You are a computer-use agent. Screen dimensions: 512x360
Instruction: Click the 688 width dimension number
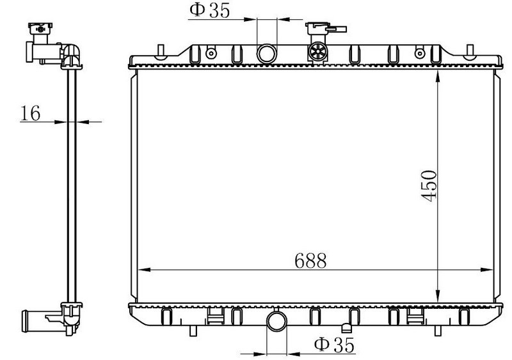[x=310, y=260]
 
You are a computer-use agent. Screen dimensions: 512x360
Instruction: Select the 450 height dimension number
[x=429, y=185]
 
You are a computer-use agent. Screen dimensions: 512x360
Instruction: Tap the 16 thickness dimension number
[x=30, y=113]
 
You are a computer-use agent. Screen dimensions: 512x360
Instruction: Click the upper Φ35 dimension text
[x=210, y=10]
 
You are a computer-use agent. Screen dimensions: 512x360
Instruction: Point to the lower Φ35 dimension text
[x=334, y=345]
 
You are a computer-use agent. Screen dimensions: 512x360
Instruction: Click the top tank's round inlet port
[x=267, y=54]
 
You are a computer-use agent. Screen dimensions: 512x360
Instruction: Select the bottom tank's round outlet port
[x=277, y=321]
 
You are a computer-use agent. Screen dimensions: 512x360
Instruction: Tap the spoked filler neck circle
[x=318, y=52]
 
